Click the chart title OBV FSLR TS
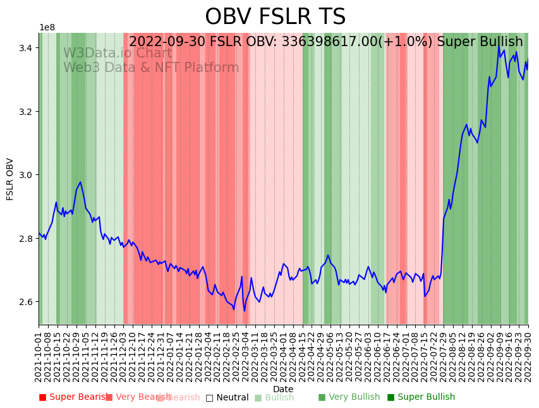(x=275, y=17)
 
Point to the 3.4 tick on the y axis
(x=27, y=48)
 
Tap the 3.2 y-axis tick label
(x=27, y=112)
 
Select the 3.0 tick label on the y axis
(x=27, y=175)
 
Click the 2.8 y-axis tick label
(x=27, y=239)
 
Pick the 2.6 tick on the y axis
(x=27, y=302)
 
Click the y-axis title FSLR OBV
(x=10, y=179)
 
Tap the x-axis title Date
(x=283, y=390)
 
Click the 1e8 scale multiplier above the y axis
(x=47, y=28)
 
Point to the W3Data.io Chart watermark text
(x=117, y=54)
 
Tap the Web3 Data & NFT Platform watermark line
(x=151, y=68)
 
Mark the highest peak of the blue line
(x=499, y=46)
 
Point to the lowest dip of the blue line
(x=245, y=311)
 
